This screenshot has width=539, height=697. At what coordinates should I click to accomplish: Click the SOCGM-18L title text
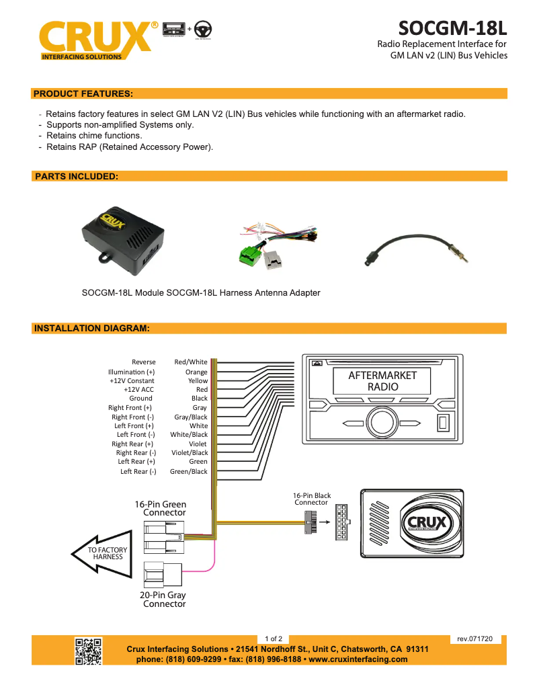tap(452, 29)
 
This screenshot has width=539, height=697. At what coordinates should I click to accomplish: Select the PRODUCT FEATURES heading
tap(83, 93)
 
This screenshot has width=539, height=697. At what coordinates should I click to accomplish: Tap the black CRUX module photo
tap(124, 240)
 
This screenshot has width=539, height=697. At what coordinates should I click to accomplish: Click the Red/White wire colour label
tap(191, 362)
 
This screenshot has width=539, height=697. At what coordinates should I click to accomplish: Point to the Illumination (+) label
tap(131, 372)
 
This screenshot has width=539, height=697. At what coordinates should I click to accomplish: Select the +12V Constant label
tap(132, 380)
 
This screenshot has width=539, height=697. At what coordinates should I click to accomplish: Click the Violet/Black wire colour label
tap(190, 452)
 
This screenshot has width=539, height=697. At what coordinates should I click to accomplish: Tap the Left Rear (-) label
tap(138, 471)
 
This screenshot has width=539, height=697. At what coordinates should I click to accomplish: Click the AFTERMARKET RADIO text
tap(382, 381)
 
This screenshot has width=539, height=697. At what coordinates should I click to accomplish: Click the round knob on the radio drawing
tap(380, 423)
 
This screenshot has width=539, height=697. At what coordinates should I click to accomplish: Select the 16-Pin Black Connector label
tap(312, 499)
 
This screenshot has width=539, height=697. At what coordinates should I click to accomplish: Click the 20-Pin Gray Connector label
tap(163, 599)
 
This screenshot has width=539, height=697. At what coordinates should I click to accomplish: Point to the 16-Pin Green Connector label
tap(161, 508)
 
